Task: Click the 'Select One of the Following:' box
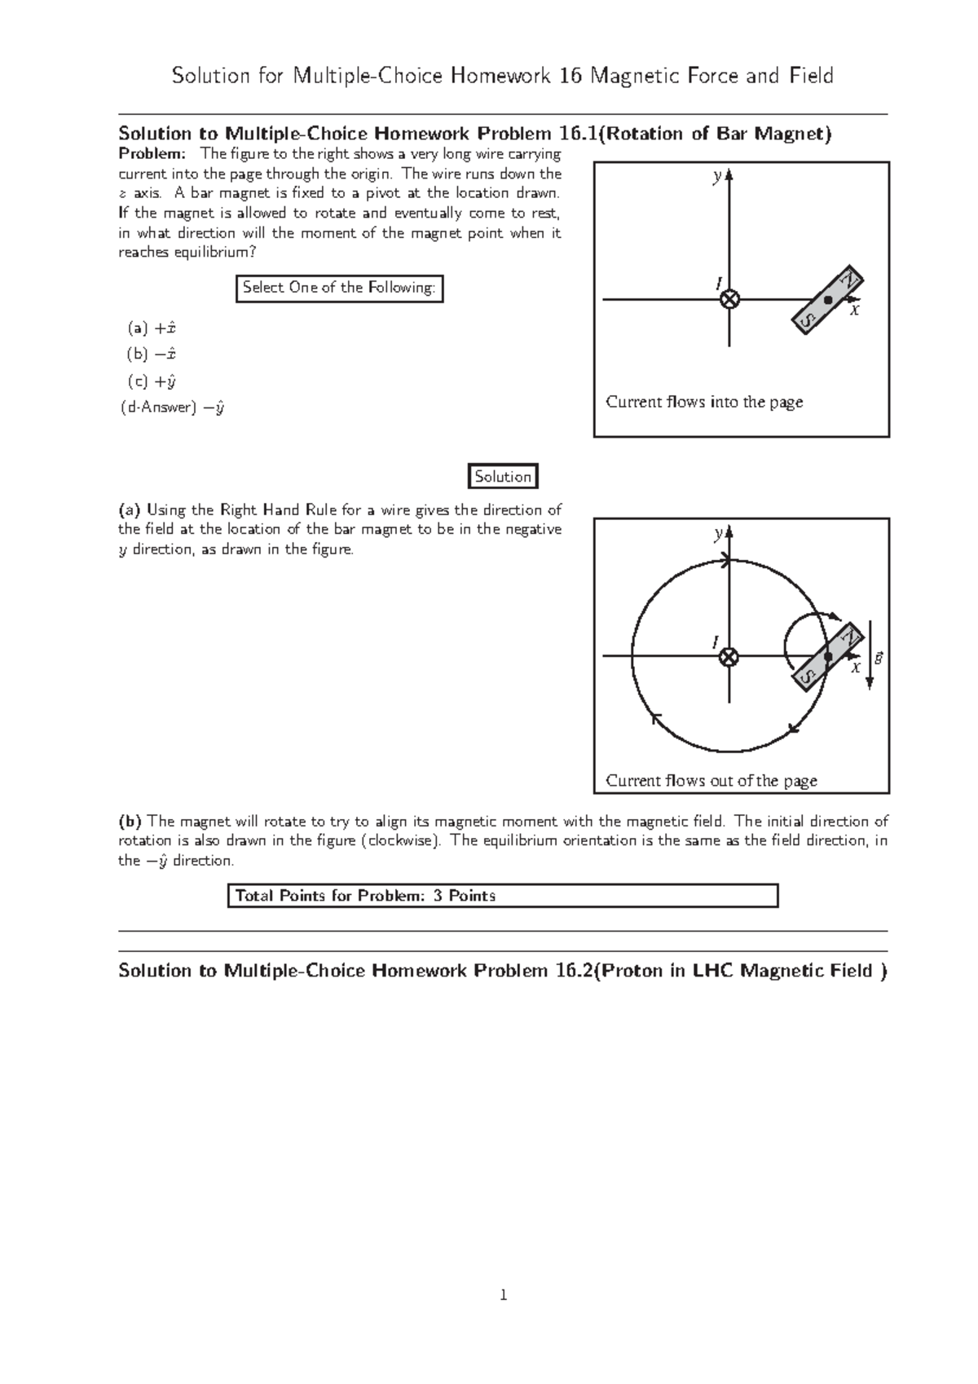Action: tap(339, 288)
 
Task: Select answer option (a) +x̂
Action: tap(152, 328)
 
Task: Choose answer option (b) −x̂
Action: tap(152, 355)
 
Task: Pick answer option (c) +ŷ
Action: tap(152, 381)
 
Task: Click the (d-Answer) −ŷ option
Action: tap(172, 408)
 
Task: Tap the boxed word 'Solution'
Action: tap(503, 477)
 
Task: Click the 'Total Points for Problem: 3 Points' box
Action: tap(502, 896)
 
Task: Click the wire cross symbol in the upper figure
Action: tap(729, 300)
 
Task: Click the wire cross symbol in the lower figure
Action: tap(729, 657)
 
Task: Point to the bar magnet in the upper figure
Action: tap(829, 300)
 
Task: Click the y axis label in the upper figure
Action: tap(716, 177)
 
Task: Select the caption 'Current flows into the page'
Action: tap(704, 402)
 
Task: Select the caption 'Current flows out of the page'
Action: tap(711, 781)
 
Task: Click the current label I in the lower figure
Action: tap(715, 642)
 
